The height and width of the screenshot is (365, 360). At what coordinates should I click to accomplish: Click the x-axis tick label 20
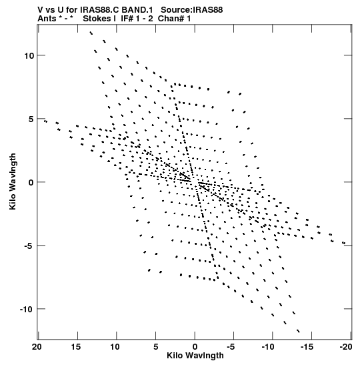(37, 347)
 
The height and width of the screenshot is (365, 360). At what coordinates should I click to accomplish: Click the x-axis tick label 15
(76, 347)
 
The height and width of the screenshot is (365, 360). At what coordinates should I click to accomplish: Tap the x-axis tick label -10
(268, 347)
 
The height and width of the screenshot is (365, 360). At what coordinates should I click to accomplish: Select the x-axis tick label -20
(346, 347)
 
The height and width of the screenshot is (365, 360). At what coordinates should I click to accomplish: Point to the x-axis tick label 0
(195, 347)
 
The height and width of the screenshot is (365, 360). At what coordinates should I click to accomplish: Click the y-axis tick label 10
(29, 55)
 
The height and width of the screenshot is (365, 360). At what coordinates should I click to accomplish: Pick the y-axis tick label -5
(29, 246)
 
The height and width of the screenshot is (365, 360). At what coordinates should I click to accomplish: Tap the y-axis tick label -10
(27, 309)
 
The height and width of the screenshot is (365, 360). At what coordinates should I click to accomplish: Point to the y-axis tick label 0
(31, 182)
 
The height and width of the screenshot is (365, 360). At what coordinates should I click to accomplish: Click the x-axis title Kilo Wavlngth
(195, 356)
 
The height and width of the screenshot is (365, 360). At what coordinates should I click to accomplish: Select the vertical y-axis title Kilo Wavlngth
(13, 181)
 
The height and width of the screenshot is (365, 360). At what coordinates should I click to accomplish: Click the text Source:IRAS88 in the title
(191, 10)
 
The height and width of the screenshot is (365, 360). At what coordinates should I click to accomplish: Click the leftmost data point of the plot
(45, 121)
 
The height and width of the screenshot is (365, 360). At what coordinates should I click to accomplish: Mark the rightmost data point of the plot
(344, 243)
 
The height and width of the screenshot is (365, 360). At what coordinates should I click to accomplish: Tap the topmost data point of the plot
(91, 33)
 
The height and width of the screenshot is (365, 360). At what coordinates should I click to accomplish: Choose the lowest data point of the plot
(299, 331)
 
